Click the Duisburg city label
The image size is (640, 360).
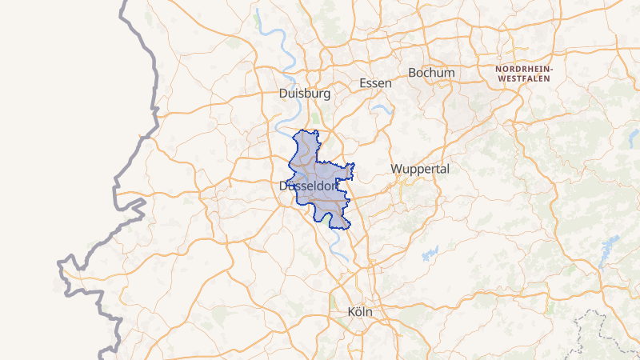[305, 94]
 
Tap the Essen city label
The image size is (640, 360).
[376, 83]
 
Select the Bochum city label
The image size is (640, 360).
[431, 73]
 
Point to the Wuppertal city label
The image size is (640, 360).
[421, 169]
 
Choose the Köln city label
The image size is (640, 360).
[361, 311]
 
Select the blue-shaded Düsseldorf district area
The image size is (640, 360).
[320, 172]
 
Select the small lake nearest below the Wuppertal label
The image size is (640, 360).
[430, 254]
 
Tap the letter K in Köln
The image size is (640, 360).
[353, 311]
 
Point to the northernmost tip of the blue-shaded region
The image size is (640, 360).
[305, 130]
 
